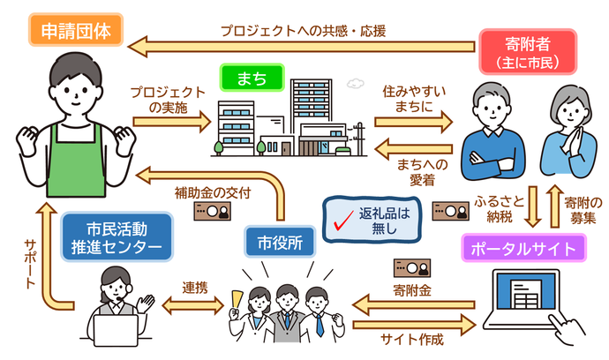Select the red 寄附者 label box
click(526, 49)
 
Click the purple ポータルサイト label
click(523, 249)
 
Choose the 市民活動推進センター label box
click(115, 237)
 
